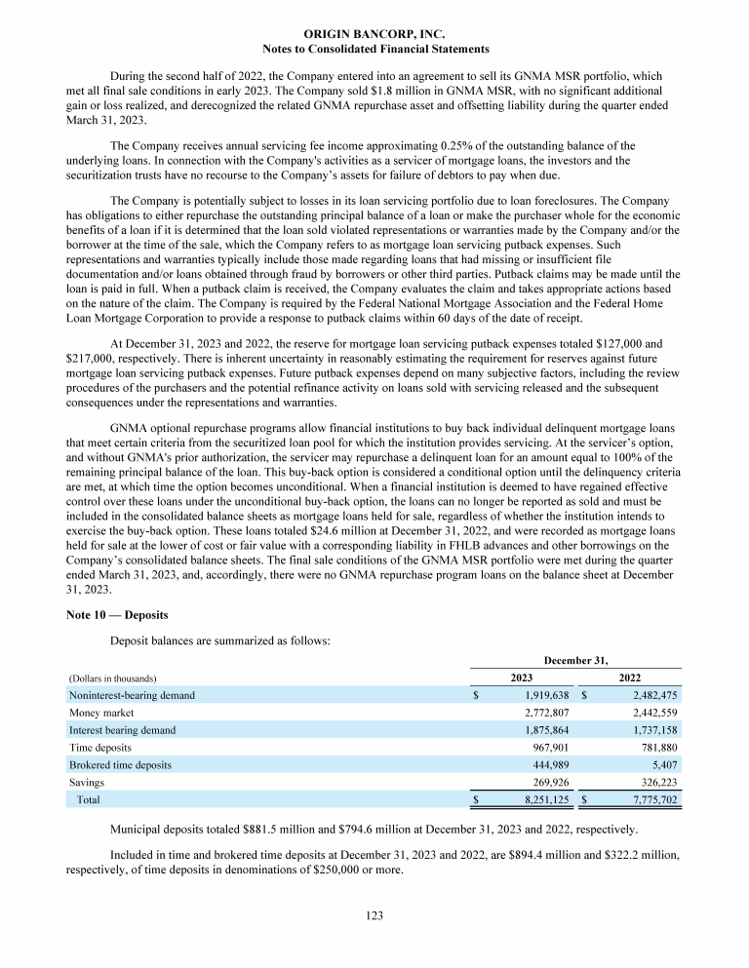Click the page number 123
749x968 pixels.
tap(374, 915)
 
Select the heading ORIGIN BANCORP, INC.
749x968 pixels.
tap(374, 34)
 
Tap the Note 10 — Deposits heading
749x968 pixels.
tap(115, 617)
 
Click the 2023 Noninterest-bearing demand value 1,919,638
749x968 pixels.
tap(540, 695)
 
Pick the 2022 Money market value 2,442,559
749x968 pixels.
tap(649, 713)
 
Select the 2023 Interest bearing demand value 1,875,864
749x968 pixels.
tap(540, 730)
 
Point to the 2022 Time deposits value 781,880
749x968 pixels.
tap(655, 748)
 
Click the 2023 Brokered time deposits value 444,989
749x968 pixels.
tap(547, 765)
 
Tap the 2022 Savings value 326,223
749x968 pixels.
tap(655, 782)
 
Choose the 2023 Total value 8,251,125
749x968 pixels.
tap(540, 800)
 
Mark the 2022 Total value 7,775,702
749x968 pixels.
tap(649, 800)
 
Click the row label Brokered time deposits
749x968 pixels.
tap(120, 765)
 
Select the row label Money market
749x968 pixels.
tap(96, 713)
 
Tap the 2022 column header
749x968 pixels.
tap(630, 678)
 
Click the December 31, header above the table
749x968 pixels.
tap(575, 660)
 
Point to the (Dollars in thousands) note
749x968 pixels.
tap(113, 678)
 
